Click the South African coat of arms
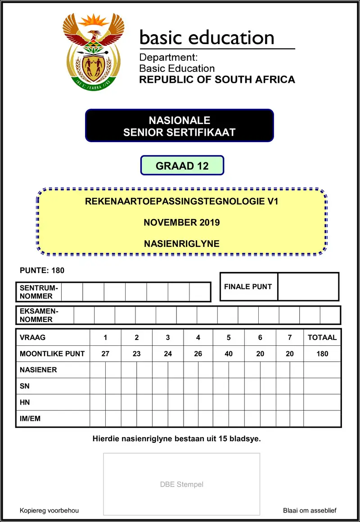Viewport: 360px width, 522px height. [x=93, y=51]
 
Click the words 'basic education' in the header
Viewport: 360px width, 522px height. [x=207, y=37]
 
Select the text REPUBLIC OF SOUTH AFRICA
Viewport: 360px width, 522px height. [x=217, y=80]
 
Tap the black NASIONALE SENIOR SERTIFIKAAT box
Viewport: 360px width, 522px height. [x=179, y=126]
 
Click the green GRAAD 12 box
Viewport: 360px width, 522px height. [x=182, y=165]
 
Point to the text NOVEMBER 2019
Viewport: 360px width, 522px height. [x=182, y=222]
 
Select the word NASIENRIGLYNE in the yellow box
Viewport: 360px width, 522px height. [x=182, y=244]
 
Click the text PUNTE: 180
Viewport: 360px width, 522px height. [x=42, y=270]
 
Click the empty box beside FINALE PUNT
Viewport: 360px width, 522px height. [x=308, y=286]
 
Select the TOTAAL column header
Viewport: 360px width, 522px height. [x=322, y=337]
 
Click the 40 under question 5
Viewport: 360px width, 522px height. [x=229, y=353]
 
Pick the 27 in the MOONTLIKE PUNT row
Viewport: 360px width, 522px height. [x=105, y=353]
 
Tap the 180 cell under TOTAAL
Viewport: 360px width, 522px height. [x=322, y=353]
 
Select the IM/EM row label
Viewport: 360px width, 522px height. [x=30, y=418]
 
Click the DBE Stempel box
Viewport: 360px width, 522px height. [x=182, y=484]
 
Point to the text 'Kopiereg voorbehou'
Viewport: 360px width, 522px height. [x=49, y=510]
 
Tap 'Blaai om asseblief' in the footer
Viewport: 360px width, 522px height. [x=310, y=510]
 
